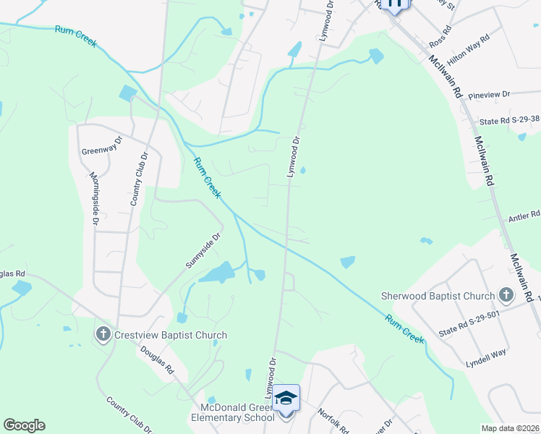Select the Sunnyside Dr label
coord(202,250)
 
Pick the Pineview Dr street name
coord(489,94)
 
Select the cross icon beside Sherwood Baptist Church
coord(506,295)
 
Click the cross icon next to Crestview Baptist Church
coord(103,335)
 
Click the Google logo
coord(24,425)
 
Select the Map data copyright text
coord(511,428)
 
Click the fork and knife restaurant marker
coord(394,4)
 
